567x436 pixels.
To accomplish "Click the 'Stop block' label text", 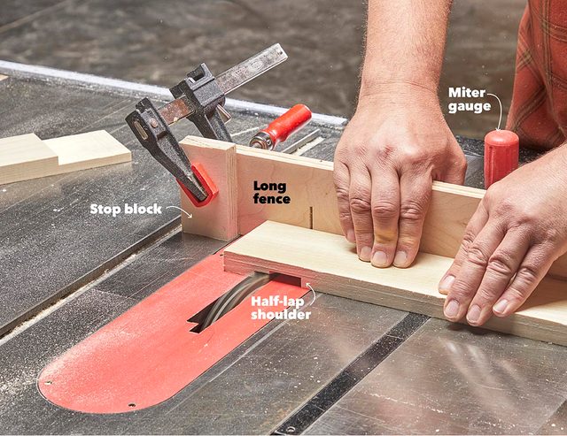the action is pyautogui.click(x=126, y=210).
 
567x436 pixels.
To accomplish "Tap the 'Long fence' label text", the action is pyautogui.click(x=272, y=193).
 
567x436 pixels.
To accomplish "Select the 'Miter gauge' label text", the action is pyautogui.click(x=470, y=100).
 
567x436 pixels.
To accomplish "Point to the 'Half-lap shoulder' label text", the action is pyautogui.click(x=281, y=308).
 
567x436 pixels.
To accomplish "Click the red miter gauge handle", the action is pyautogui.click(x=501, y=157).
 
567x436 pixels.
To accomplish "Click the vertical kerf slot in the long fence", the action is pyautogui.click(x=311, y=217).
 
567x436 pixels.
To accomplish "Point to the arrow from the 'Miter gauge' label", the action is pyautogui.click(x=498, y=108).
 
